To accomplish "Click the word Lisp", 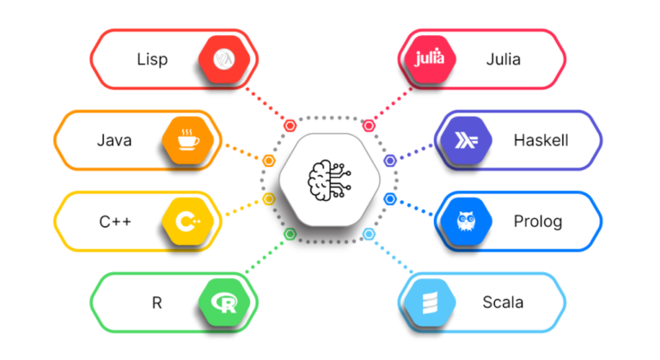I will [x=151, y=59].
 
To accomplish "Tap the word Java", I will [x=113, y=140].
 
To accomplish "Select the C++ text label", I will [x=114, y=222].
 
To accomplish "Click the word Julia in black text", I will [x=503, y=59].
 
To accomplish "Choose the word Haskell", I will [x=541, y=140].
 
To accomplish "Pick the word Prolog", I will [x=538, y=222].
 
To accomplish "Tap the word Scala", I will [x=503, y=302].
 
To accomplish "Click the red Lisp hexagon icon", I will [x=225, y=59].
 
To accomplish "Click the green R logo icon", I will [x=225, y=302].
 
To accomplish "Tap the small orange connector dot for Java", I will [x=269, y=160].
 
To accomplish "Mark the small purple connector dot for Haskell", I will [x=389, y=160].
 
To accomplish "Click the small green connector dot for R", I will [x=290, y=234].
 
